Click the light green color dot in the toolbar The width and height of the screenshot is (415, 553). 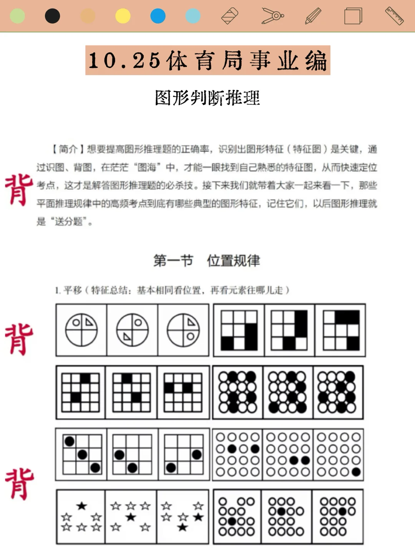pos(17,16)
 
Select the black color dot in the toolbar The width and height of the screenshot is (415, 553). pos(52,16)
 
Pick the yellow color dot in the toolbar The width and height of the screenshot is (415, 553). pos(123,16)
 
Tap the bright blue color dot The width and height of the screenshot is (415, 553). pos(158,16)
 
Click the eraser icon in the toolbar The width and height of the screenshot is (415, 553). pos(230,16)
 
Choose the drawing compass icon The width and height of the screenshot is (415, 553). pos(272,16)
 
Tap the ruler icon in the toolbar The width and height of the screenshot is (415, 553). pos(395,16)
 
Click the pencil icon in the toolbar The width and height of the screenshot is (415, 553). pos(313,16)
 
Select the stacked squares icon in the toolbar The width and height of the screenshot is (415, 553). pos(353,16)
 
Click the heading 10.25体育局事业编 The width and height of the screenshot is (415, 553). pos(207,60)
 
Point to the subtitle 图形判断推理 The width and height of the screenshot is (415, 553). pos(207,98)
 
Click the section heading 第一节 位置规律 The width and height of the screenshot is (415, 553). pos(207,261)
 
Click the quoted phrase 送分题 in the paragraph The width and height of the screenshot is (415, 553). pos(68,222)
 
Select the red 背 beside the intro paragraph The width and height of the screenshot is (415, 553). pos(19,190)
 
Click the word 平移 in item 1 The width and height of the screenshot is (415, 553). pos(73,290)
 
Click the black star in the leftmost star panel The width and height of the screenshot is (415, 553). pos(81,506)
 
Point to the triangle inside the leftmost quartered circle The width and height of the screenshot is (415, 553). pos(89,323)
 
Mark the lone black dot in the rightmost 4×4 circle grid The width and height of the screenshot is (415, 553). pos(356,472)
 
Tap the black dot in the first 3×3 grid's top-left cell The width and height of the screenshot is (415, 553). pos(70,441)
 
